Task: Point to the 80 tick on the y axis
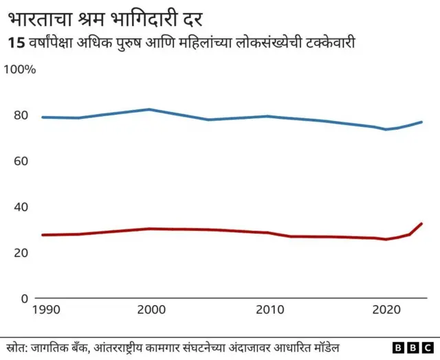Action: pos(20,115)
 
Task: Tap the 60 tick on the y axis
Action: pos(20,161)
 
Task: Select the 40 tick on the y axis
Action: pos(20,207)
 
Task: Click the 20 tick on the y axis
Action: pos(20,253)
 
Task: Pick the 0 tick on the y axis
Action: pos(23,298)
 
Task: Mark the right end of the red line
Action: pos(421,223)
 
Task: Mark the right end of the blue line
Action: pos(421,122)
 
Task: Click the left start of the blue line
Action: pos(43,117)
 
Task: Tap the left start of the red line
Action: pos(43,235)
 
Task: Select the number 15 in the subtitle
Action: pos(16,43)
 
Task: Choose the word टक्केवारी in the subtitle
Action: pos(331,43)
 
